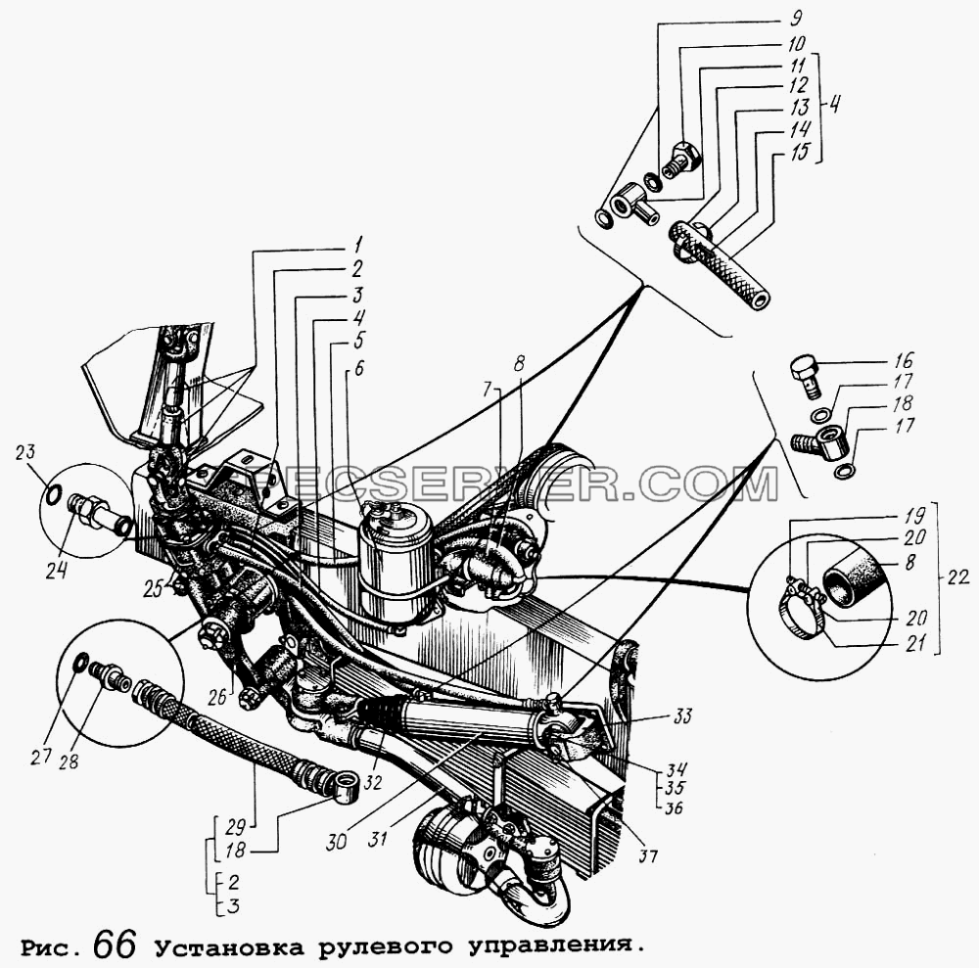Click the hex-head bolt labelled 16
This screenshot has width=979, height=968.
(x=807, y=376)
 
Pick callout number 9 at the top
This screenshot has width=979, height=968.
(x=796, y=17)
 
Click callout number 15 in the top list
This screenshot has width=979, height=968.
(x=800, y=151)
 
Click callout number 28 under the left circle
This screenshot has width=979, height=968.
(x=69, y=761)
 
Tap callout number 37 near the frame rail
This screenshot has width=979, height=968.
(x=647, y=855)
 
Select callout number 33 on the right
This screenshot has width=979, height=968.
(x=682, y=714)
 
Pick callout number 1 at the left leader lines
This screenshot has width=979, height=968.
(x=357, y=244)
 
